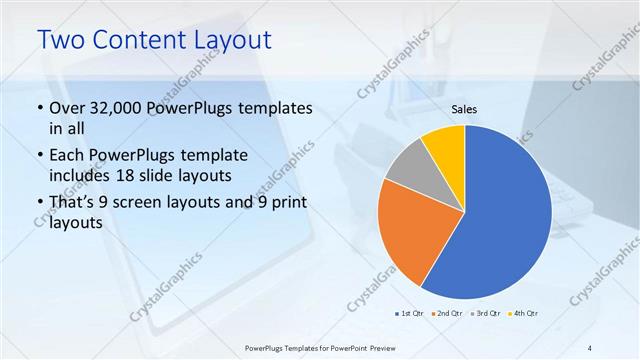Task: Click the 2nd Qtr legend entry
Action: click(x=447, y=313)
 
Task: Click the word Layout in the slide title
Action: click(x=224, y=40)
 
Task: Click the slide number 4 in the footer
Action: click(x=591, y=347)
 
